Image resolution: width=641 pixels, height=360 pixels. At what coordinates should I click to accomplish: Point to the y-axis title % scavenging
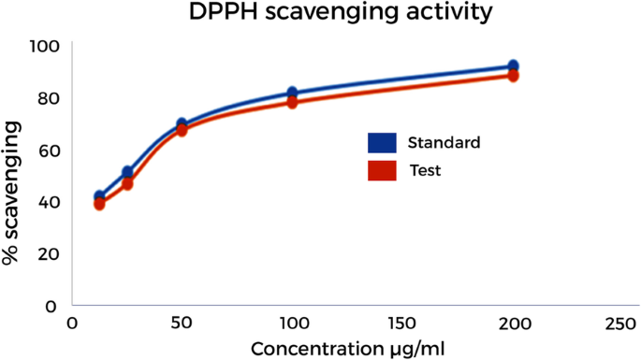click(11, 199)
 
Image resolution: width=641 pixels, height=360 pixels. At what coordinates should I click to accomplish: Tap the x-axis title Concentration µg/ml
click(346, 349)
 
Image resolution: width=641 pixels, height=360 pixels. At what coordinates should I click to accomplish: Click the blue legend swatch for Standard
click(382, 143)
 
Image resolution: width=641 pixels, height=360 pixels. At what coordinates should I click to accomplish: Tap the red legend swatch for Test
click(382, 171)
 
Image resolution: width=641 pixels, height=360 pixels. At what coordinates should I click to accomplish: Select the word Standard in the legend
click(444, 143)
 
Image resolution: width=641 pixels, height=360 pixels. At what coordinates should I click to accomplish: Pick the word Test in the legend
click(425, 171)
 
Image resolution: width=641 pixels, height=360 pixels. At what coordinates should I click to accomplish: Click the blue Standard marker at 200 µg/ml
click(513, 66)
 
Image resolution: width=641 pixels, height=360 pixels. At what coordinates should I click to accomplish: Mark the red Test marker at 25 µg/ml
click(127, 184)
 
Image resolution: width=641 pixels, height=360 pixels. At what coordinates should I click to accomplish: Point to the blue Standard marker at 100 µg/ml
click(293, 93)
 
